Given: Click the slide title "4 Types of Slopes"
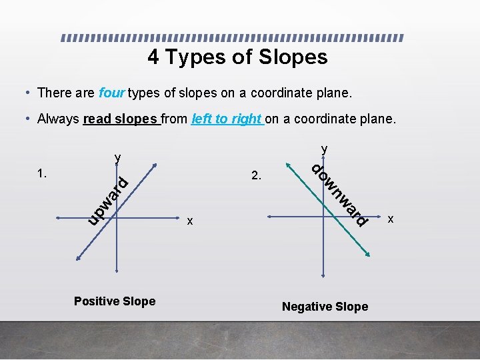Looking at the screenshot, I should pyautogui.click(x=237, y=57).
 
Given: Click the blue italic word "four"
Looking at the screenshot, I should pyautogui.click(x=111, y=93).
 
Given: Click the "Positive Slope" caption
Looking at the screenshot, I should pyautogui.click(x=115, y=301).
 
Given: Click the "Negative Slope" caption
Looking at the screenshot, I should pyautogui.click(x=325, y=307).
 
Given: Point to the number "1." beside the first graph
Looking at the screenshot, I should pyautogui.click(x=42, y=174).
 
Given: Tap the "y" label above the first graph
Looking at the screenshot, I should pyautogui.click(x=117, y=159).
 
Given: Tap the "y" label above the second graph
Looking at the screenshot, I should pyautogui.click(x=324, y=148).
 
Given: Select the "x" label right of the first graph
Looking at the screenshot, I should pyautogui.click(x=189, y=221).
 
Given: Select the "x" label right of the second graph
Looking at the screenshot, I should pyautogui.click(x=391, y=218).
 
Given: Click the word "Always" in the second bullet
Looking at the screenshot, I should pyautogui.click(x=59, y=119).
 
